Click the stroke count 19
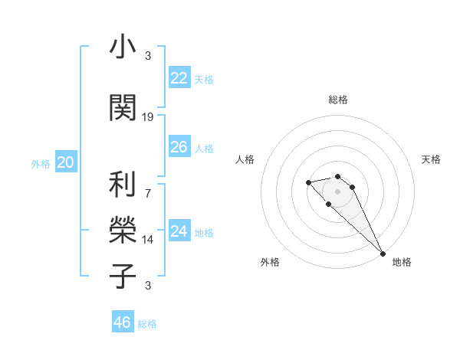click(x=148, y=116)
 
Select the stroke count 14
click(x=148, y=239)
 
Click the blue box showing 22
click(x=179, y=78)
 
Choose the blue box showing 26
click(x=179, y=147)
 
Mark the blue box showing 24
click(x=179, y=231)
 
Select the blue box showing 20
click(x=65, y=162)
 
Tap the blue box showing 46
click(x=122, y=322)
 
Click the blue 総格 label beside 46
click(x=147, y=324)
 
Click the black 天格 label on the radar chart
click(x=432, y=159)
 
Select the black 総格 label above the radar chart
click(x=338, y=100)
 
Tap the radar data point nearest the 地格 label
click(x=383, y=253)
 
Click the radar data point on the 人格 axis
click(x=308, y=182)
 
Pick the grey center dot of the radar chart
click(x=338, y=191)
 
